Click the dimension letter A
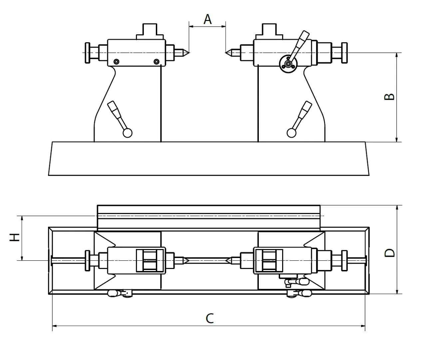tap(208, 19)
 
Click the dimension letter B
tap(389, 97)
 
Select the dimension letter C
tap(210, 318)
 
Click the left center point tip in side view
tap(188, 52)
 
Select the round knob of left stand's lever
tap(128, 133)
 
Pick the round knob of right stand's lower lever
tap(291, 133)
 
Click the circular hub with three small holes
tap(287, 63)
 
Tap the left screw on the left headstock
tap(116, 61)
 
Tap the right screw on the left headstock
tap(157, 61)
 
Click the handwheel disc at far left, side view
tap(88, 53)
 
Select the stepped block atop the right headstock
tap(269, 31)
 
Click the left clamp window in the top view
tap(151, 260)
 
